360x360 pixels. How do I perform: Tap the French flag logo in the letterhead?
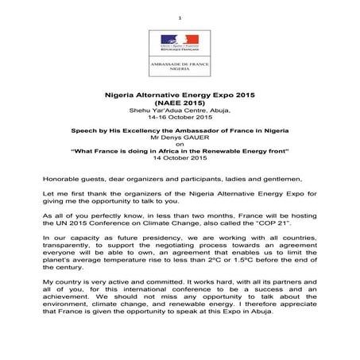[180, 40]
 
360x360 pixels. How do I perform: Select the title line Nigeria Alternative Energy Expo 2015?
[180, 93]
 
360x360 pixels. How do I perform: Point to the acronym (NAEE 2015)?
[180, 102]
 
